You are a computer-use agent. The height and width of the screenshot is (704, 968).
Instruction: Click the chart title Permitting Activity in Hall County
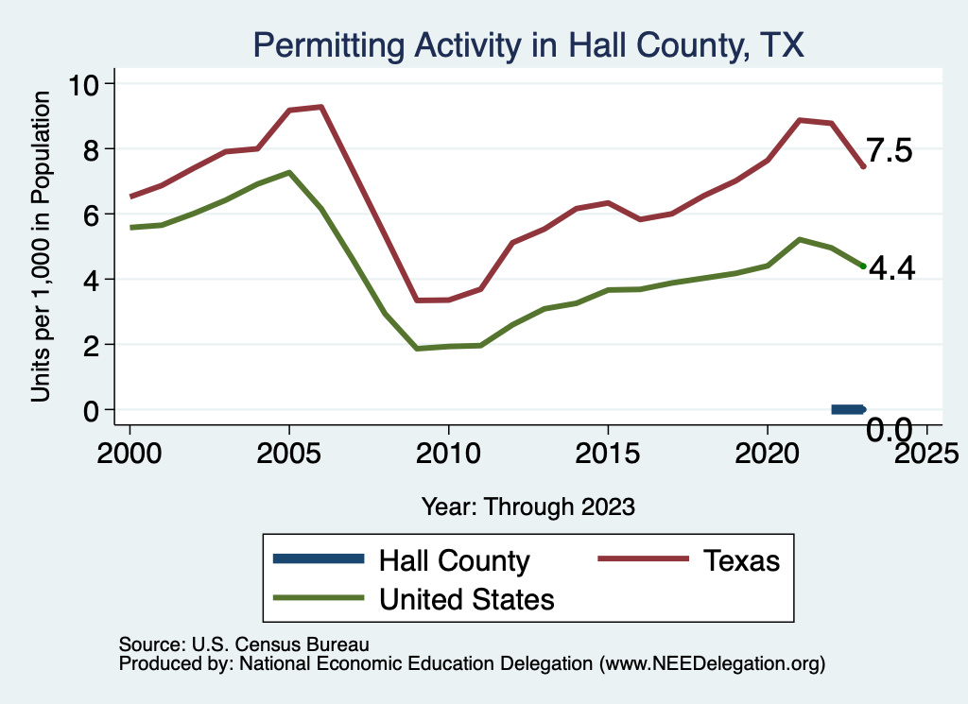[x=527, y=44]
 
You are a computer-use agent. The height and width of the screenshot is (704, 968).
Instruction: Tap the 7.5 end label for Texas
[x=890, y=151]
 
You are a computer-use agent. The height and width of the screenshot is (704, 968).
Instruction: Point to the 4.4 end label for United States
[x=891, y=269]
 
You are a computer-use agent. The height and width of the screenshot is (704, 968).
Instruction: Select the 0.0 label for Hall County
[x=890, y=431]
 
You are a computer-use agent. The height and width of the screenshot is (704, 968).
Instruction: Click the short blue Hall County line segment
[x=848, y=409]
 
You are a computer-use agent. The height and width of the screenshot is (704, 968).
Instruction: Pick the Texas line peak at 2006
[x=321, y=107]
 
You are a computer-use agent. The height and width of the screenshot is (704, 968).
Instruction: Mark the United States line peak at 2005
[x=289, y=172]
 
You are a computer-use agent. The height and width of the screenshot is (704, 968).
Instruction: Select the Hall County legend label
[x=454, y=560]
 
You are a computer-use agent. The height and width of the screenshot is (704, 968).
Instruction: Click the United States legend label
[x=466, y=598]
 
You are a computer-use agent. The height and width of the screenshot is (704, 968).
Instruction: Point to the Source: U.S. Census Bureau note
[x=243, y=644]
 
